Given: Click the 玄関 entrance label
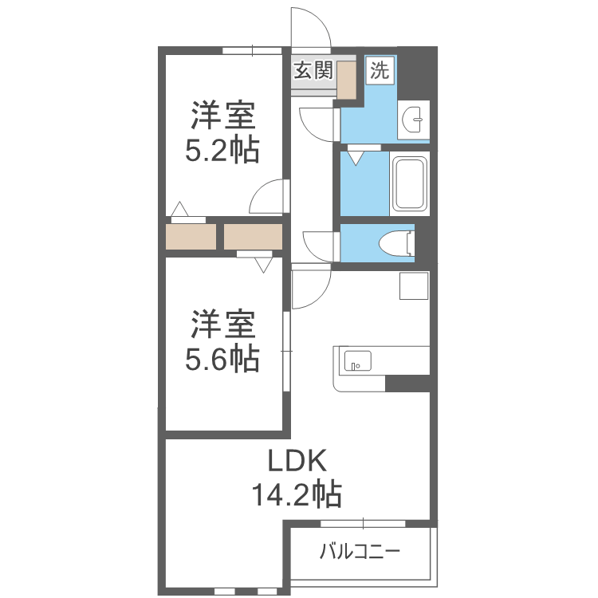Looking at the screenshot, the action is pyautogui.click(x=313, y=70).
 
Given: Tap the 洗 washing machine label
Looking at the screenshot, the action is pyautogui.click(x=380, y=70).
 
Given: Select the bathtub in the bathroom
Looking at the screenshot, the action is pyautogui.click(x=410, y=184).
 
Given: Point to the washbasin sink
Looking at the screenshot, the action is pyautogui.click(x=413, y=120).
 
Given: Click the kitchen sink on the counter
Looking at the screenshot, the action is pyautogui.click(x=358, y=360).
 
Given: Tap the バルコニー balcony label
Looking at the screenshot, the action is pyautogui.click(x=360, y=552).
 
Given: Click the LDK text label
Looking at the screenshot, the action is pyautogui.click(x=297, y=461).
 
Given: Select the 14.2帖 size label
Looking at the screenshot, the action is pyautogui.click(x=297, y=494).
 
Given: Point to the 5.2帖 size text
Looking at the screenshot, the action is pyautogui.click(x=222, y=150).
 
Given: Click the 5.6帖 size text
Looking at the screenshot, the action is pyautogui.click(x=222, y=359).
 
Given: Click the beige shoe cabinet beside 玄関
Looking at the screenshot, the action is pyautogui.click(x=346, y=79).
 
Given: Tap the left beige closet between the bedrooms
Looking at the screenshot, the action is pyautogui.click(x=191, y=237).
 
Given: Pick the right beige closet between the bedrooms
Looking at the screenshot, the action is pyautogui.click(x=253, y=237).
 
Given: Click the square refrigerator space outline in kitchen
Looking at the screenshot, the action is pyautogui.click(x=414, y=285).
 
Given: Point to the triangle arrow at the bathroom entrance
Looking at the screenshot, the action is pyautogui.click(x=356, y=159).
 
